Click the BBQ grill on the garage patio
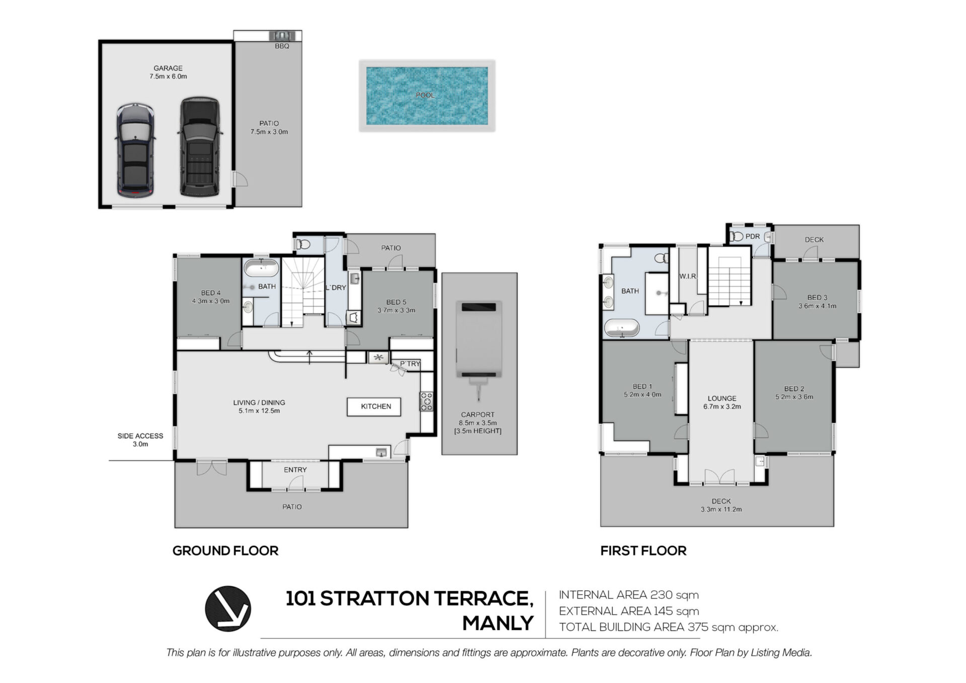coord(282,36)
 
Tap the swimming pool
coord(427,96)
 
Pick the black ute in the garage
coord(200,146)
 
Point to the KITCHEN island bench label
coord(376,406)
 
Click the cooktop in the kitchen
coord(426,401)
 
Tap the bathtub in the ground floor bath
coord(261,268)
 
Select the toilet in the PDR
coord(738,236)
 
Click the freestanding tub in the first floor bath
coord(621,328)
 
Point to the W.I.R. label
coord(688,276)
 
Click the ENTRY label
coord(295,470)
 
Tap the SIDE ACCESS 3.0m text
coord(140,440)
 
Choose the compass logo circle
coord(228,609)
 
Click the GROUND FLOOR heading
coord(225,551)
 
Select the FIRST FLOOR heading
coord(643,551)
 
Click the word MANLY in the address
coord(498,623)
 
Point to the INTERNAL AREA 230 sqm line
coord(629,595)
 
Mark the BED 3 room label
coord(817,298)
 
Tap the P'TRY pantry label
coord(410,364)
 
